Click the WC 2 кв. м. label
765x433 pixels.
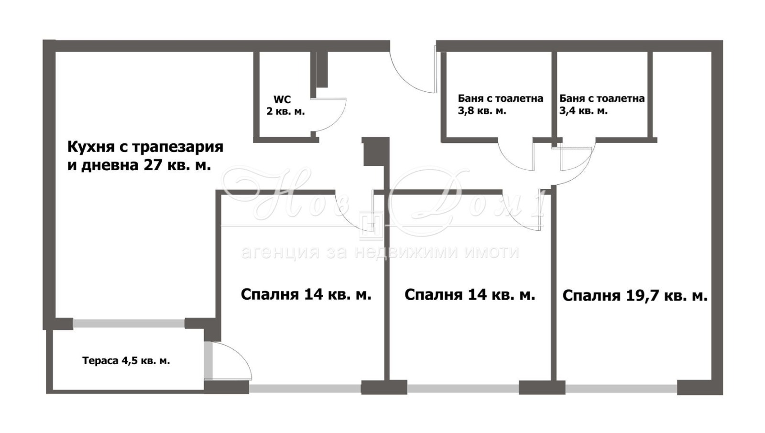click(285, 105)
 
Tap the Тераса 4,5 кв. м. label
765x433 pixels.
click(126, 361)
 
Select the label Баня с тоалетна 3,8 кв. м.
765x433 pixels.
click(500, 104)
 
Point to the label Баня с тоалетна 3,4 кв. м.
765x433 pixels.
click(601, 104)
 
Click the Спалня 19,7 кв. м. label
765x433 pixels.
click(634, 296)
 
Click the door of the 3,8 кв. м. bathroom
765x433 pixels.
click(516, 155)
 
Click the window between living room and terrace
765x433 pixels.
click(129, 324)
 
